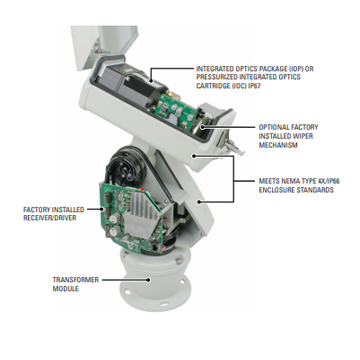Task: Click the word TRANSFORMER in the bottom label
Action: [x=76, y=279]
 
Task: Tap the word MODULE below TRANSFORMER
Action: [x=66, y=289]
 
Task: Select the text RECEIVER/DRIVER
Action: [x=50, y=218]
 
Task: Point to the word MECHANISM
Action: [x=278, y=145]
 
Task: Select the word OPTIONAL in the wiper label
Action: [x=274, y=127]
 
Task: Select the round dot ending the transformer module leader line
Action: [x=148, y=280]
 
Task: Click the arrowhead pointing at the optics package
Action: [x=151, y=79]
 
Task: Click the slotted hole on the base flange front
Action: [x=164, y=305]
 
